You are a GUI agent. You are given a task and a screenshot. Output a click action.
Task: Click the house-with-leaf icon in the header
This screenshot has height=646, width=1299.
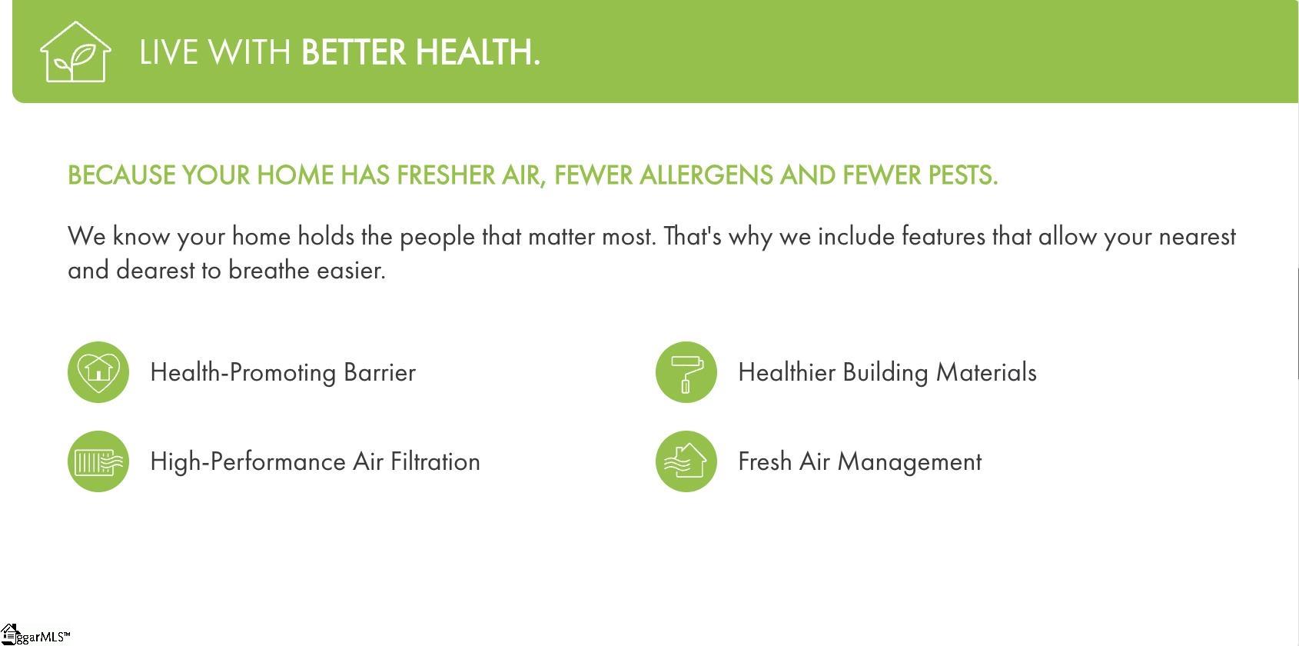coord(75,52)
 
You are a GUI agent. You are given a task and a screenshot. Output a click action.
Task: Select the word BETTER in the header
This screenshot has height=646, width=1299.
coord(354,52)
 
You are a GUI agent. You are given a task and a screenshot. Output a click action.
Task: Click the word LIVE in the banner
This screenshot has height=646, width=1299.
coord(169,52)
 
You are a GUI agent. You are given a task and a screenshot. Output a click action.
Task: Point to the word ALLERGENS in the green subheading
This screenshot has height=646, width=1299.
coord(706,175)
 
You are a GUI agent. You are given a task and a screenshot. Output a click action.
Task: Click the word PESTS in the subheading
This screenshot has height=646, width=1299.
coord(962,175)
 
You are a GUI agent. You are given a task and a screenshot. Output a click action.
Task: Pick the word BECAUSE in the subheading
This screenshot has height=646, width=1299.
coord(121,175)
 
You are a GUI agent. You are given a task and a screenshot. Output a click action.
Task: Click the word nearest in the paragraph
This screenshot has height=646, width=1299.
coord(1197,237)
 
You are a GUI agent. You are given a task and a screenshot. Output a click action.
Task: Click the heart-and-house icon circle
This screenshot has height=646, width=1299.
coord(98,372)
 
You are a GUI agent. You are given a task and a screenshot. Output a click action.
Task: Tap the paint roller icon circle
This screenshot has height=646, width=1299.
coord(686,372)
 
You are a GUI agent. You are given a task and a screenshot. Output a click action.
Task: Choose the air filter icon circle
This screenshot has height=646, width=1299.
coord(98,461)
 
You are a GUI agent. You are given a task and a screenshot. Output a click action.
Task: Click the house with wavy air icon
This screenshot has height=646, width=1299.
coord(686,461)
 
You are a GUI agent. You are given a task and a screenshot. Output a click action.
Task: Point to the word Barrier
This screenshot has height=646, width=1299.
coord(380,373)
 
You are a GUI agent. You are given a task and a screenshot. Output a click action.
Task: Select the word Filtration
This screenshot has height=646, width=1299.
coord(436,462)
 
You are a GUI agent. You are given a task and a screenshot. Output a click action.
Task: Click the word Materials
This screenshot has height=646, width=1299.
coord(986,373)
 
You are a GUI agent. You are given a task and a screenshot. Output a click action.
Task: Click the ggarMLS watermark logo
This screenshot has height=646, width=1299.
coord(35,635)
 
